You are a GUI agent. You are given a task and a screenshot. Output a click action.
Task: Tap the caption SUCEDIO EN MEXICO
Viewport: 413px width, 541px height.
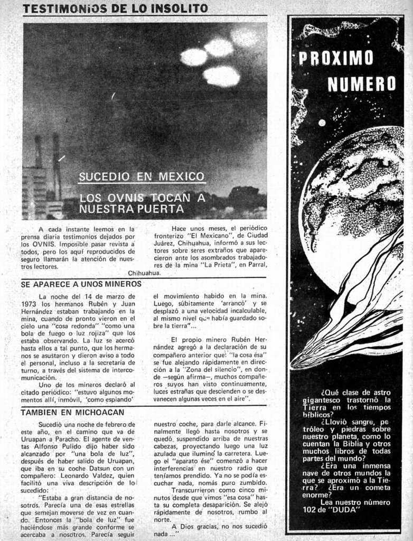141,176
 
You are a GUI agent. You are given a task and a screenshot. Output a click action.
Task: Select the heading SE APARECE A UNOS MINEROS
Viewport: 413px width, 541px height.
81,284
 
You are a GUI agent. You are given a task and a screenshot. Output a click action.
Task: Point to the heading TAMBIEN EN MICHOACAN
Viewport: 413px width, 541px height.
72,412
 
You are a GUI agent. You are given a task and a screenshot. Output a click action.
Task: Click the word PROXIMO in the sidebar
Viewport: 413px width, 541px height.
335,58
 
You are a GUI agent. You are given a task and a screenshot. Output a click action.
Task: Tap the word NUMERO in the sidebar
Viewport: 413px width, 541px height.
361,83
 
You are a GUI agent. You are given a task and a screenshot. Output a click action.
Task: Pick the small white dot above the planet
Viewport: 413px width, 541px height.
322,123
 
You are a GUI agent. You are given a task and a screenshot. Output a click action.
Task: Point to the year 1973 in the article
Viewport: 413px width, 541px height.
29,304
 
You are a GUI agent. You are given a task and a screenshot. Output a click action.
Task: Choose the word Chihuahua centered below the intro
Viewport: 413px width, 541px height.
144,273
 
